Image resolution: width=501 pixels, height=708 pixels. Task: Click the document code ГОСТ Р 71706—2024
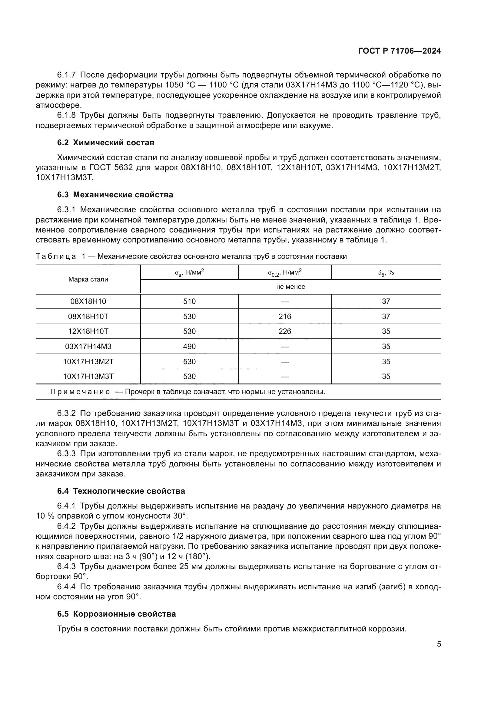tap(400, 51)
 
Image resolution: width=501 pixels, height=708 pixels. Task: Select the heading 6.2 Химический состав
tap(105, 143)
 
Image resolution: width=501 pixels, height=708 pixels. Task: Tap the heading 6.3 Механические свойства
tap(115, 195)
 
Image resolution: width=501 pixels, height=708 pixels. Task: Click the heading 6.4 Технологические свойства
tap(121, 491)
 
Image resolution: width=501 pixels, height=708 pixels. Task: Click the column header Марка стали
tap(88, 279)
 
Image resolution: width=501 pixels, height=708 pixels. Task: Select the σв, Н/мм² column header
tap(189, 273)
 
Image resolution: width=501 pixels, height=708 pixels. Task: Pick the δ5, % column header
tap(386, 273)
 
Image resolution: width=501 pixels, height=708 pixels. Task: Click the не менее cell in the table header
tap(290, 286)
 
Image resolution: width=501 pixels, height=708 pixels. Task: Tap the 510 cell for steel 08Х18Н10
tap(189, 301)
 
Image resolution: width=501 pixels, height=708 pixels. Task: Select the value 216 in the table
tap(285, 316)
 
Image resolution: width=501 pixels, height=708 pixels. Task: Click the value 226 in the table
tap(285, 331)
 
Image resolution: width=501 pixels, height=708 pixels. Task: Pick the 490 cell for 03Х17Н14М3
tap(189, 346)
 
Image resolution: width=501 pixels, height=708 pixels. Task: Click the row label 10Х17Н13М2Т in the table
tap(88, 361)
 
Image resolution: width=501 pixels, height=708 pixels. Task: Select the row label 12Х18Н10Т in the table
tap(88, 331)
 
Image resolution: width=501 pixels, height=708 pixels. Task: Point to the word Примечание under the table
tap(80, 392)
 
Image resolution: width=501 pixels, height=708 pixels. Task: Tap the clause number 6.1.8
tap(66, 115)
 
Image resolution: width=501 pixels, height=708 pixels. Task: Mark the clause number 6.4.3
tap(66, 566)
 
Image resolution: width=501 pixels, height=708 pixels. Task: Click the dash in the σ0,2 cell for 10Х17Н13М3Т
tap(285, 377)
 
